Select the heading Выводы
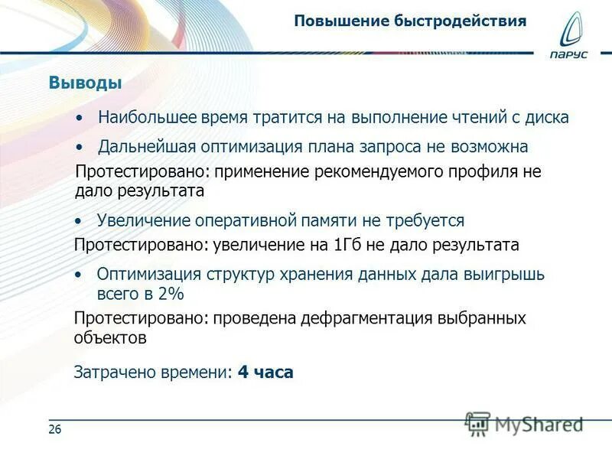[x=86, y=83]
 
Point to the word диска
[x=546, y=119]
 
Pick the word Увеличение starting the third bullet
[x=142, y=221]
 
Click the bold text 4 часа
[x=265, y=373]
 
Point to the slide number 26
[x=54, y=430]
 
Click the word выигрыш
[x=506, y=275]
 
